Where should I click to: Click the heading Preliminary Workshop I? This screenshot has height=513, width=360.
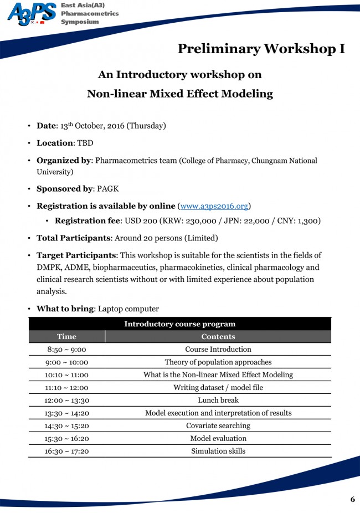261,49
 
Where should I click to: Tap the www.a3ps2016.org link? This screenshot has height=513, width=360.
214,206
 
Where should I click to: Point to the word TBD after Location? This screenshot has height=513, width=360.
85,143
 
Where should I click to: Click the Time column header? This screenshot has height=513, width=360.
66,336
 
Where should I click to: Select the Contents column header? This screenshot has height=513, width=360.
218,336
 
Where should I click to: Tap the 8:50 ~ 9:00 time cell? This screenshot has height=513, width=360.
66,350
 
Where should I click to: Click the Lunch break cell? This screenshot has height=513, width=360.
218,400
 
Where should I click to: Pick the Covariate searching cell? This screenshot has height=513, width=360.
218,425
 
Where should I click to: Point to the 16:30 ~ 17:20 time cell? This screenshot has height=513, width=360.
66,451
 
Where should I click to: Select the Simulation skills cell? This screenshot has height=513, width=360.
218,451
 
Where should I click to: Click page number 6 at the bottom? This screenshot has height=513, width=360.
352,499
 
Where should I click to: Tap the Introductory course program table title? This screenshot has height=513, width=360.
179,324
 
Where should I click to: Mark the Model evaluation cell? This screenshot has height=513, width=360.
218,438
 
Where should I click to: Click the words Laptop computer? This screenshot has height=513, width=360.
128,309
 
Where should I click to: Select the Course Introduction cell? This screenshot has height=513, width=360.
218,350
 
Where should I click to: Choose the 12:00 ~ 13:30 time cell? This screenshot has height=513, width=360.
66,400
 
